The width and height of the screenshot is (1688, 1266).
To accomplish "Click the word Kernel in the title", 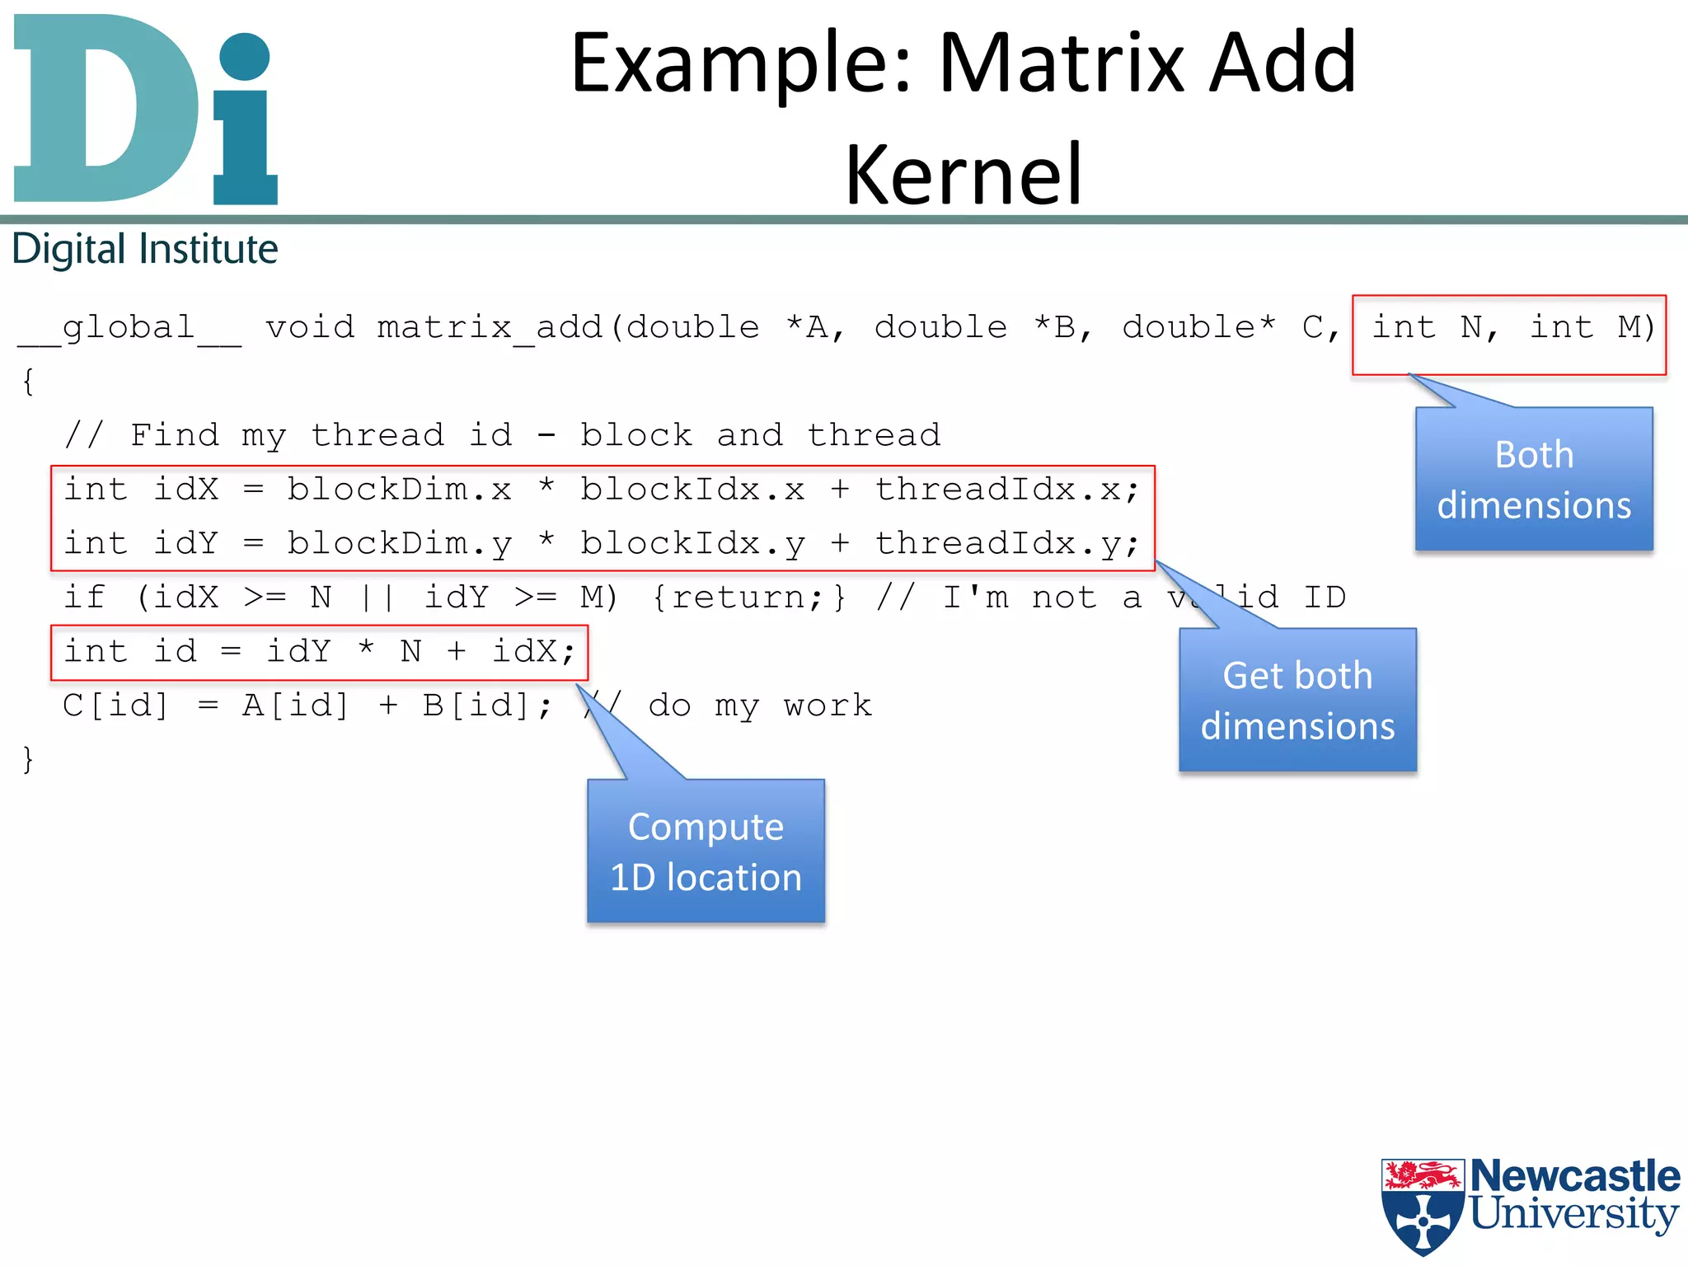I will point(963,174).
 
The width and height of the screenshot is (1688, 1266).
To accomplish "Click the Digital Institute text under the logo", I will point(145,249).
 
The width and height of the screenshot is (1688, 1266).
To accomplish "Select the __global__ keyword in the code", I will point(129,328).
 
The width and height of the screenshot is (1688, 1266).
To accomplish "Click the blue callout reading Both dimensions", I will point(1533,479).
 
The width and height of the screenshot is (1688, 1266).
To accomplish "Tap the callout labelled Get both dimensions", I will point(1297,700).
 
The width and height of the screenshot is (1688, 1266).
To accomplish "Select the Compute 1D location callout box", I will point(706,851).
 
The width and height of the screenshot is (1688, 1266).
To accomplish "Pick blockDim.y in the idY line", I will point(399,544).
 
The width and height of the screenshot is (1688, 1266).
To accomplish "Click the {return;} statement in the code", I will point(748,598).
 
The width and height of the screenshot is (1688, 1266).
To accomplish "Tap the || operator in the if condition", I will point(377,598).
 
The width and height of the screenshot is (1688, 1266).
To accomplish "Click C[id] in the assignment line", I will point(115,706).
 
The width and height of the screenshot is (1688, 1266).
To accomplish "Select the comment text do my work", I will point(759,706).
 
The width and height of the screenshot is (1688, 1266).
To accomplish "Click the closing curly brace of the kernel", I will point(28,759).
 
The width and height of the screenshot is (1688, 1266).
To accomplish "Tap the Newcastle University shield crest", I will point(1422,1206).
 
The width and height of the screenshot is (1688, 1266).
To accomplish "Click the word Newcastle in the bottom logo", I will point(1574,1175).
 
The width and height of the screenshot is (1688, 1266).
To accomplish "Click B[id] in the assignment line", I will point(476,706).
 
